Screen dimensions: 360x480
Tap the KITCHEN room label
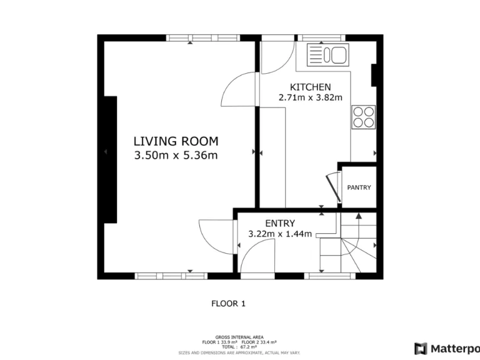(310, 86)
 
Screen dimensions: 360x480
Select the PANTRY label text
(359, 187)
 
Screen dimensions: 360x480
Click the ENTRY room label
(280, 223)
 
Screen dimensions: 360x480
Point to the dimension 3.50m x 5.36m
(176, 156)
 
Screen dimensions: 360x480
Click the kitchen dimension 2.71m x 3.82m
(310, 97)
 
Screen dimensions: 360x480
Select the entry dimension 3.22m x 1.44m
(280, 234)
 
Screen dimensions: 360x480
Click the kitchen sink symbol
(327, 55)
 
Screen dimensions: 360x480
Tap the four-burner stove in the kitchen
(364, 116)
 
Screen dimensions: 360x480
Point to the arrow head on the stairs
(359, 216)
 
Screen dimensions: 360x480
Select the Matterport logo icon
(421, 348)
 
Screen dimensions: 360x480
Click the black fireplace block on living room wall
(111, 159)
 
